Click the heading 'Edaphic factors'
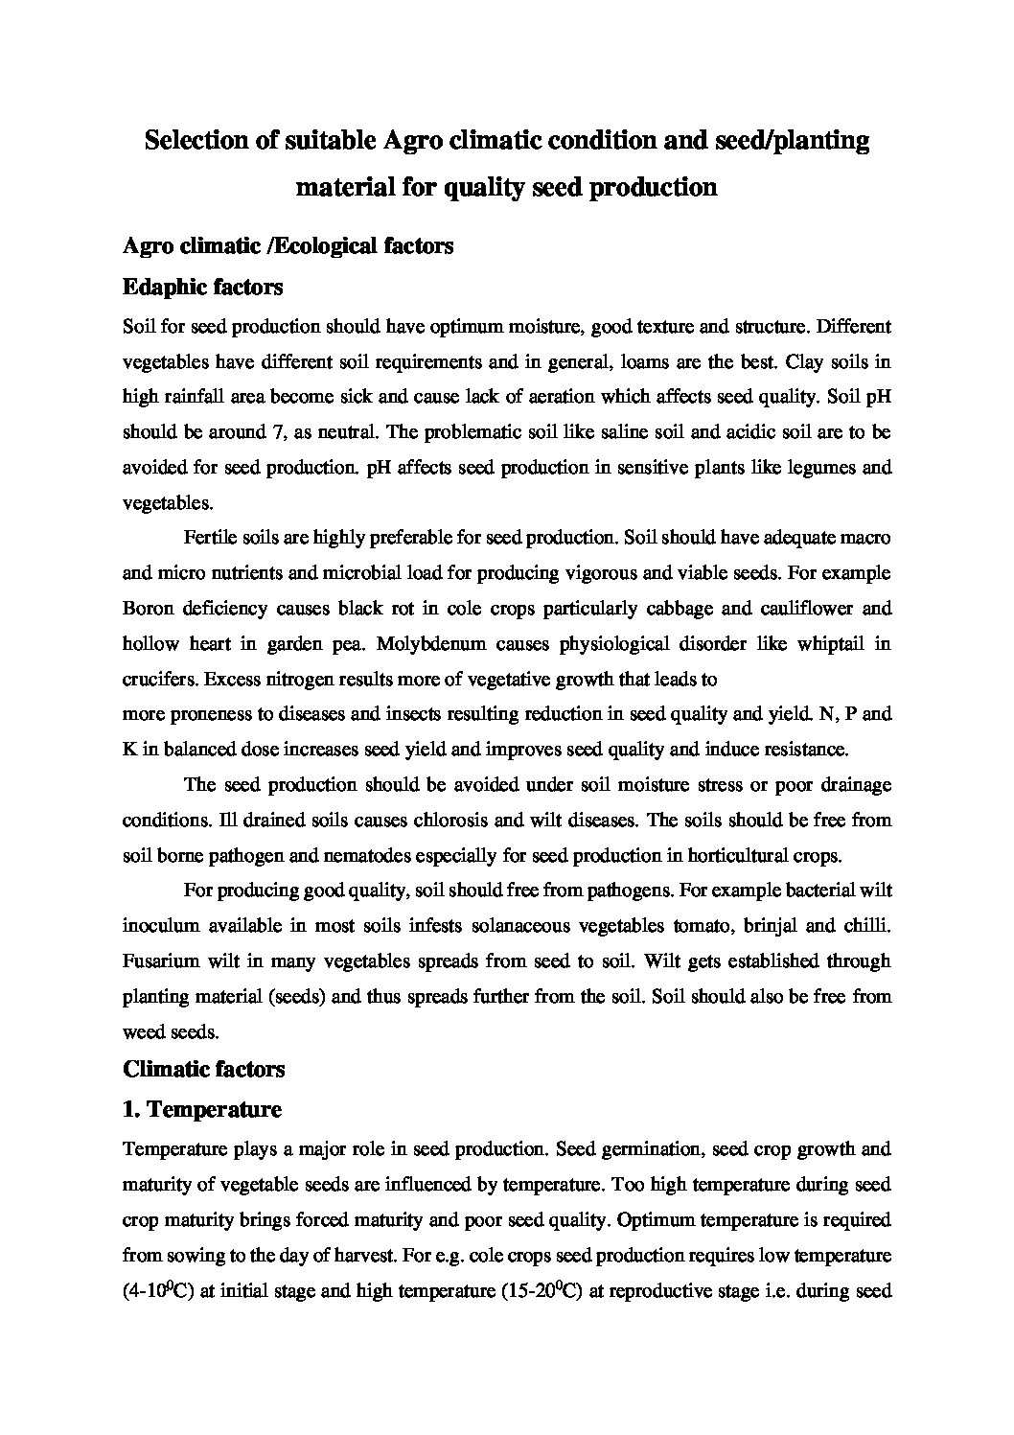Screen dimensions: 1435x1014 (202, 287)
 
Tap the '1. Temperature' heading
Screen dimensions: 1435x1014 (202, 1110)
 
